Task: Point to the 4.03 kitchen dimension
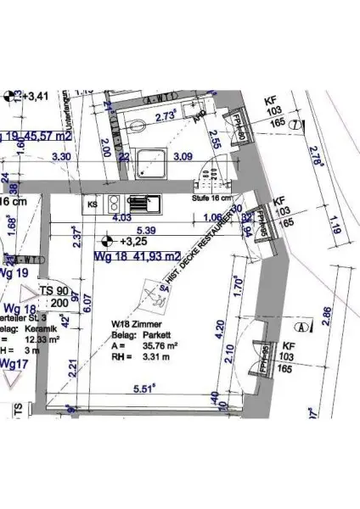122,218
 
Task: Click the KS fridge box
93,204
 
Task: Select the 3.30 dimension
62,157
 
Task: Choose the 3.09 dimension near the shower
183,157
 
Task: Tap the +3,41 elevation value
37,96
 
